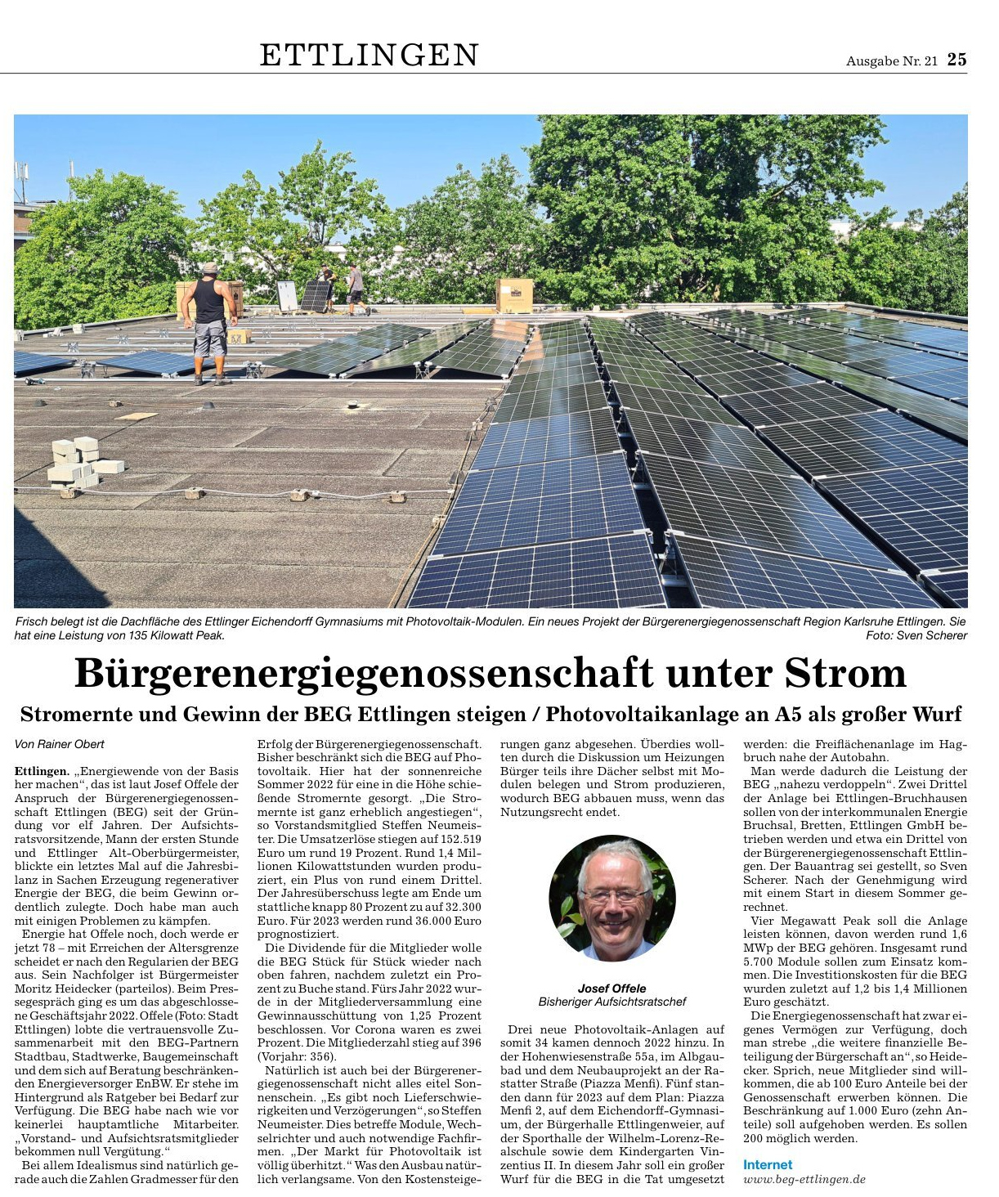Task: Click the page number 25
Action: pyautogui.click(x=956, y=60)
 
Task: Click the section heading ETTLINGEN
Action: pyautogui.click(x=370, y=55)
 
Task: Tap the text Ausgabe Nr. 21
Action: pyautogui.click(x=891, y=61)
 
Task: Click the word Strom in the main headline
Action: pyautogui.click(x=845, y=674)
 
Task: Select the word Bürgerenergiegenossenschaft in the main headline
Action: pyautogui.click(x=362, y=674)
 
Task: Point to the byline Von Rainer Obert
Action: pyautogui.click(x=60, y=744)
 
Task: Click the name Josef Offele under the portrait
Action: pyautogui.click(x=611, y=988)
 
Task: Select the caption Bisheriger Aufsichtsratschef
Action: pyautogui.click(x=611, y=1002)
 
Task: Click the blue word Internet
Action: pyautogui.click(x=768, y=1164)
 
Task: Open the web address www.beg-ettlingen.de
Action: pyautogui.click(x=804, y=1179)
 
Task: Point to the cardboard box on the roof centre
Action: pyautogui.click(x=514, y=295)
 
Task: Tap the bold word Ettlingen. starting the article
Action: pyautogui.click(x=42, y=771)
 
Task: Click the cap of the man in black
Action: pyautogui.click(x=210, y=267)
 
